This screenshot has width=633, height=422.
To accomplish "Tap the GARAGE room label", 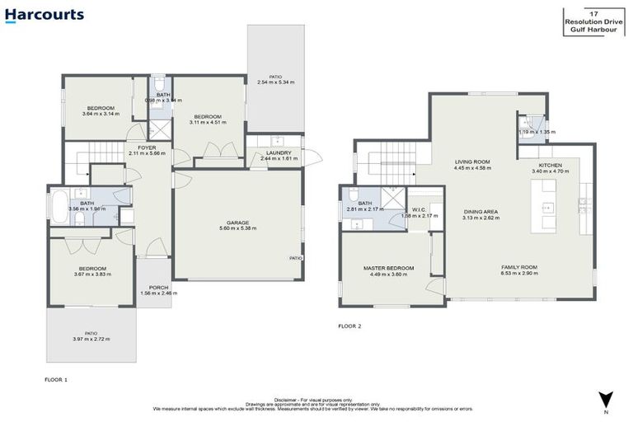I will (238, 222).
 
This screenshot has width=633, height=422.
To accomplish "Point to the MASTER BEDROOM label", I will (388, 268).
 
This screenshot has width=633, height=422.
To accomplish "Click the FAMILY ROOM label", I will (519, 267).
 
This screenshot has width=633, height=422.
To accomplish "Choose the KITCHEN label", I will (550, 165).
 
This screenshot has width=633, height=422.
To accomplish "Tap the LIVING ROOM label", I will (472, 162).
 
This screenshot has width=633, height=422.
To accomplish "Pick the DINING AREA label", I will (479, 212).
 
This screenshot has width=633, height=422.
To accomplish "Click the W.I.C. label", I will (418, 209).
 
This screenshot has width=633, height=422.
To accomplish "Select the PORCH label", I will (152, 287).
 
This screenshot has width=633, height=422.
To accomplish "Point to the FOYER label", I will (147, 148).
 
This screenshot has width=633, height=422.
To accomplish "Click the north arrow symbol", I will (605, 398).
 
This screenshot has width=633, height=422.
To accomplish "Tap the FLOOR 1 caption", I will (56, 379).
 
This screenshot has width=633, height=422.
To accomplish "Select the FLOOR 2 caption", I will (349, 326).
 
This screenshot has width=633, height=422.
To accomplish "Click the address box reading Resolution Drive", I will (598, 21).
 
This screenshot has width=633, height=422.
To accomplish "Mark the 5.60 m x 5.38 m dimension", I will (238, 228).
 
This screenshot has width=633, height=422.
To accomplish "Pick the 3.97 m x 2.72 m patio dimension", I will (91, 339).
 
